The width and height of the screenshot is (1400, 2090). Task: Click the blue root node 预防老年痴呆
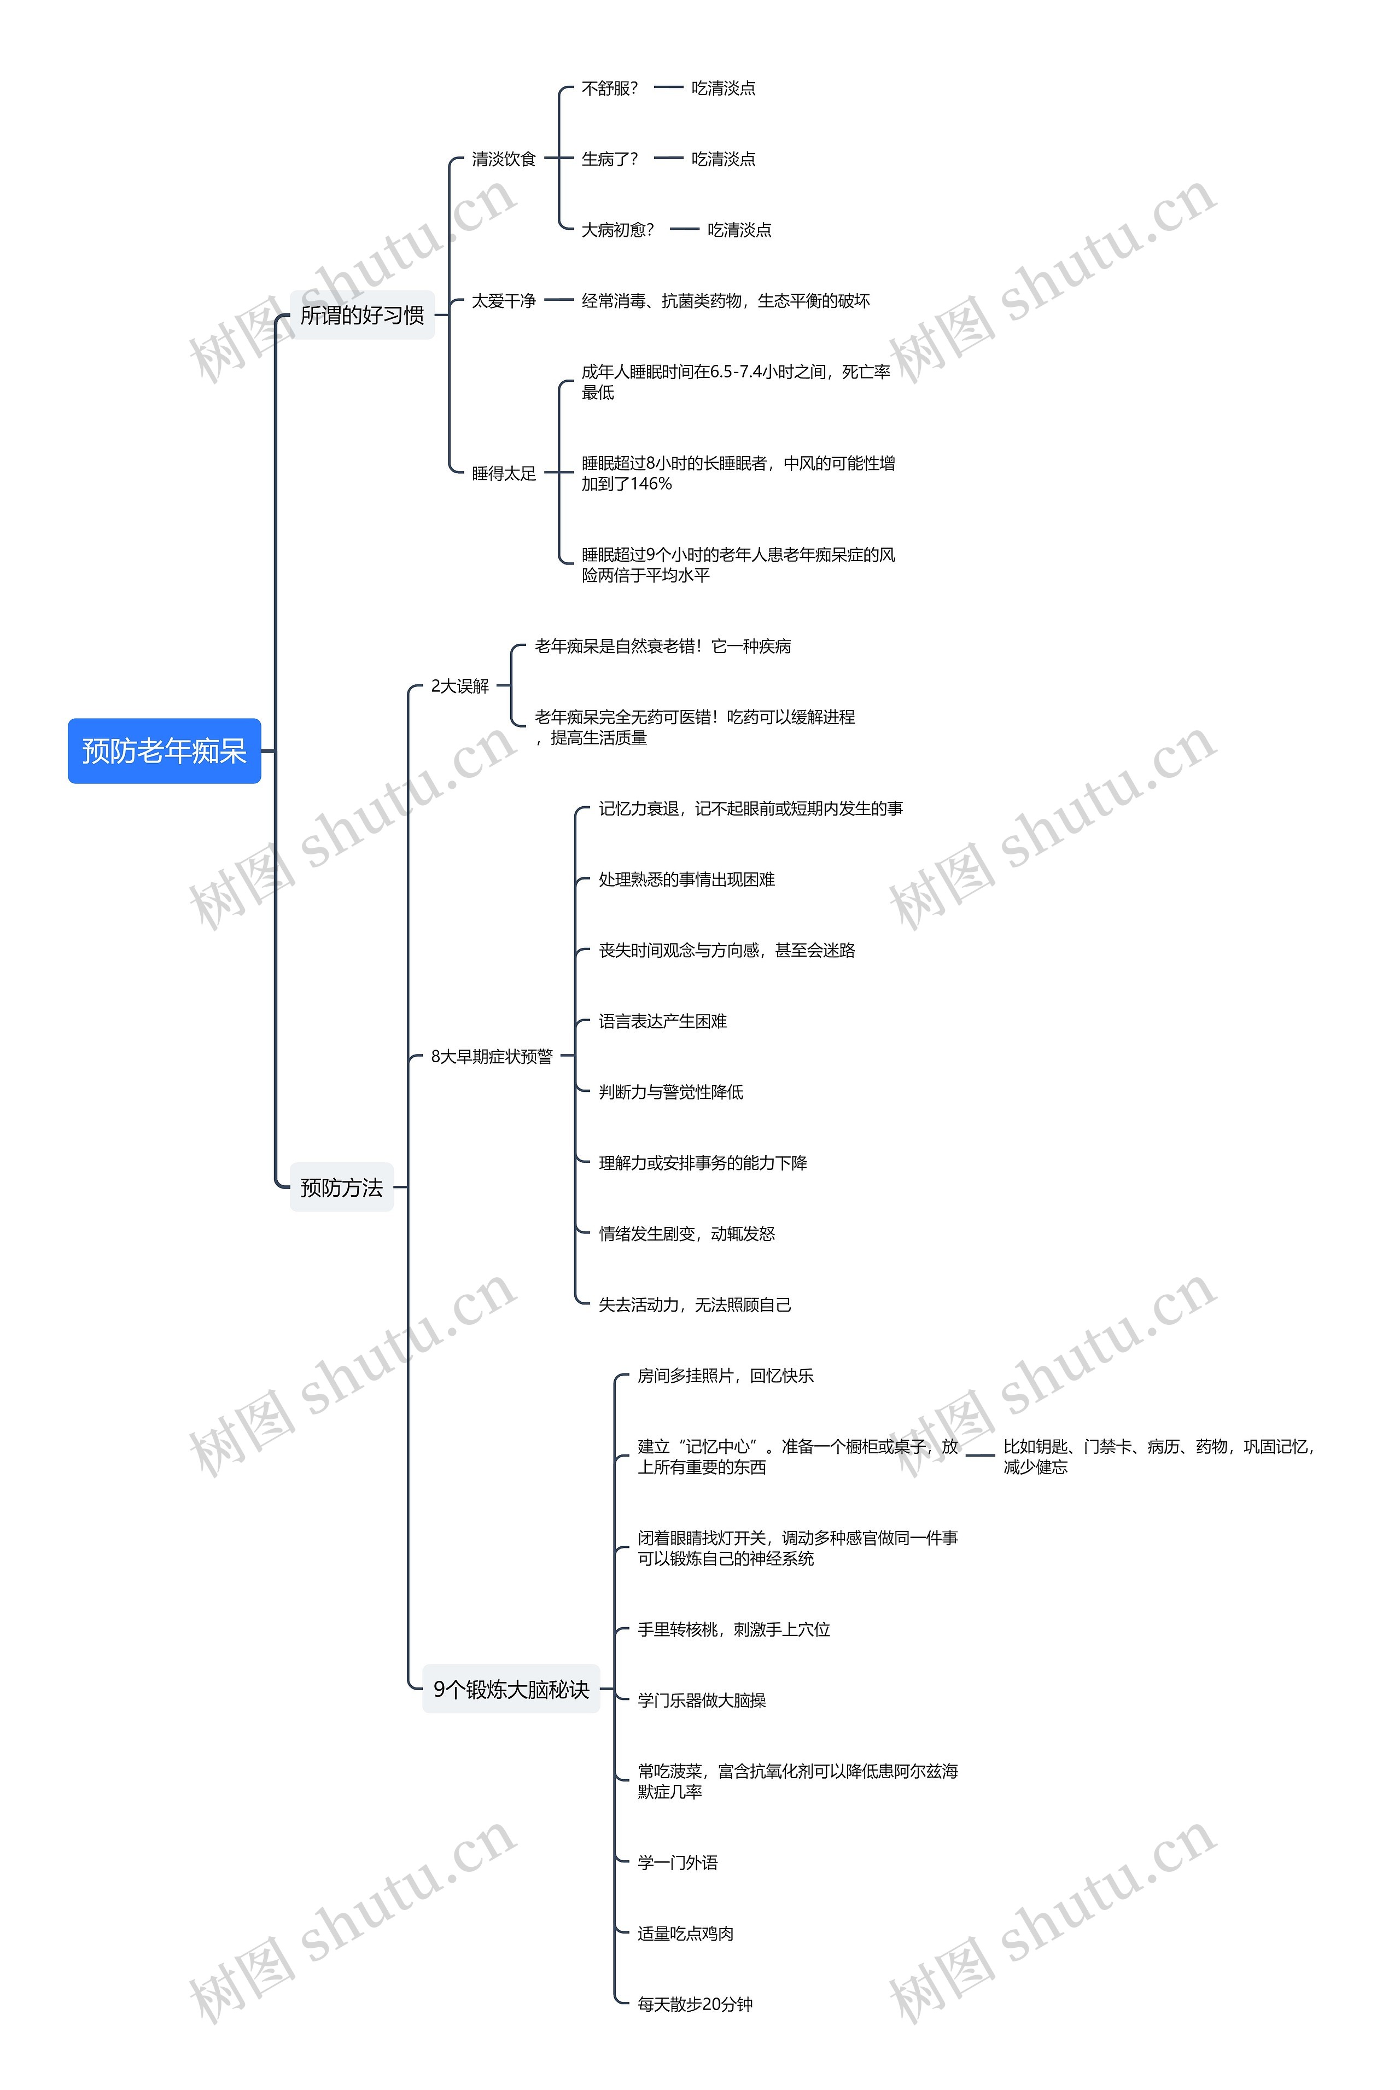click(164, 751)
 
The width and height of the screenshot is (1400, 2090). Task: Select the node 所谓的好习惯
click(361, 315)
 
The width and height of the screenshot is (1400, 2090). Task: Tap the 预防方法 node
click(341, 1187)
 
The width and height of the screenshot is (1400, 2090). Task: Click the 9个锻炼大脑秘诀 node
click(511, 1689)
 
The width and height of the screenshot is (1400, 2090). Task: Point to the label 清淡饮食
click(504, 159)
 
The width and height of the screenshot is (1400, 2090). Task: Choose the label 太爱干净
click(504, 301)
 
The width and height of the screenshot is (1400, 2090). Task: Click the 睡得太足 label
click(504, 473)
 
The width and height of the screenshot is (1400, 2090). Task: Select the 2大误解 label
click(460, 686)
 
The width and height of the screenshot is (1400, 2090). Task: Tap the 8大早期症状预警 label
click(492, 1056)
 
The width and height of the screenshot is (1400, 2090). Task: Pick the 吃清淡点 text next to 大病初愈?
click(739, 229)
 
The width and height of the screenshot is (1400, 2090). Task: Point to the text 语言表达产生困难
click(662, 1021)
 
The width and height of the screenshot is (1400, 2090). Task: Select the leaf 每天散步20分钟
click(695, 2004)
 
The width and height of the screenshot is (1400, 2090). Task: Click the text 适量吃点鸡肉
click(686, 1933)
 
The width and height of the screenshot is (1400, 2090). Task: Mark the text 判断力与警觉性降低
click(670, 1092)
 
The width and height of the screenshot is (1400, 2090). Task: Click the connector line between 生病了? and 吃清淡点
click(668, 159)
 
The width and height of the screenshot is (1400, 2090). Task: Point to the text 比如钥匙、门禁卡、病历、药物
click(1157, 1446)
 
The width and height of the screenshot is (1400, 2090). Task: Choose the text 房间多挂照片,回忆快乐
click(725, 1376)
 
